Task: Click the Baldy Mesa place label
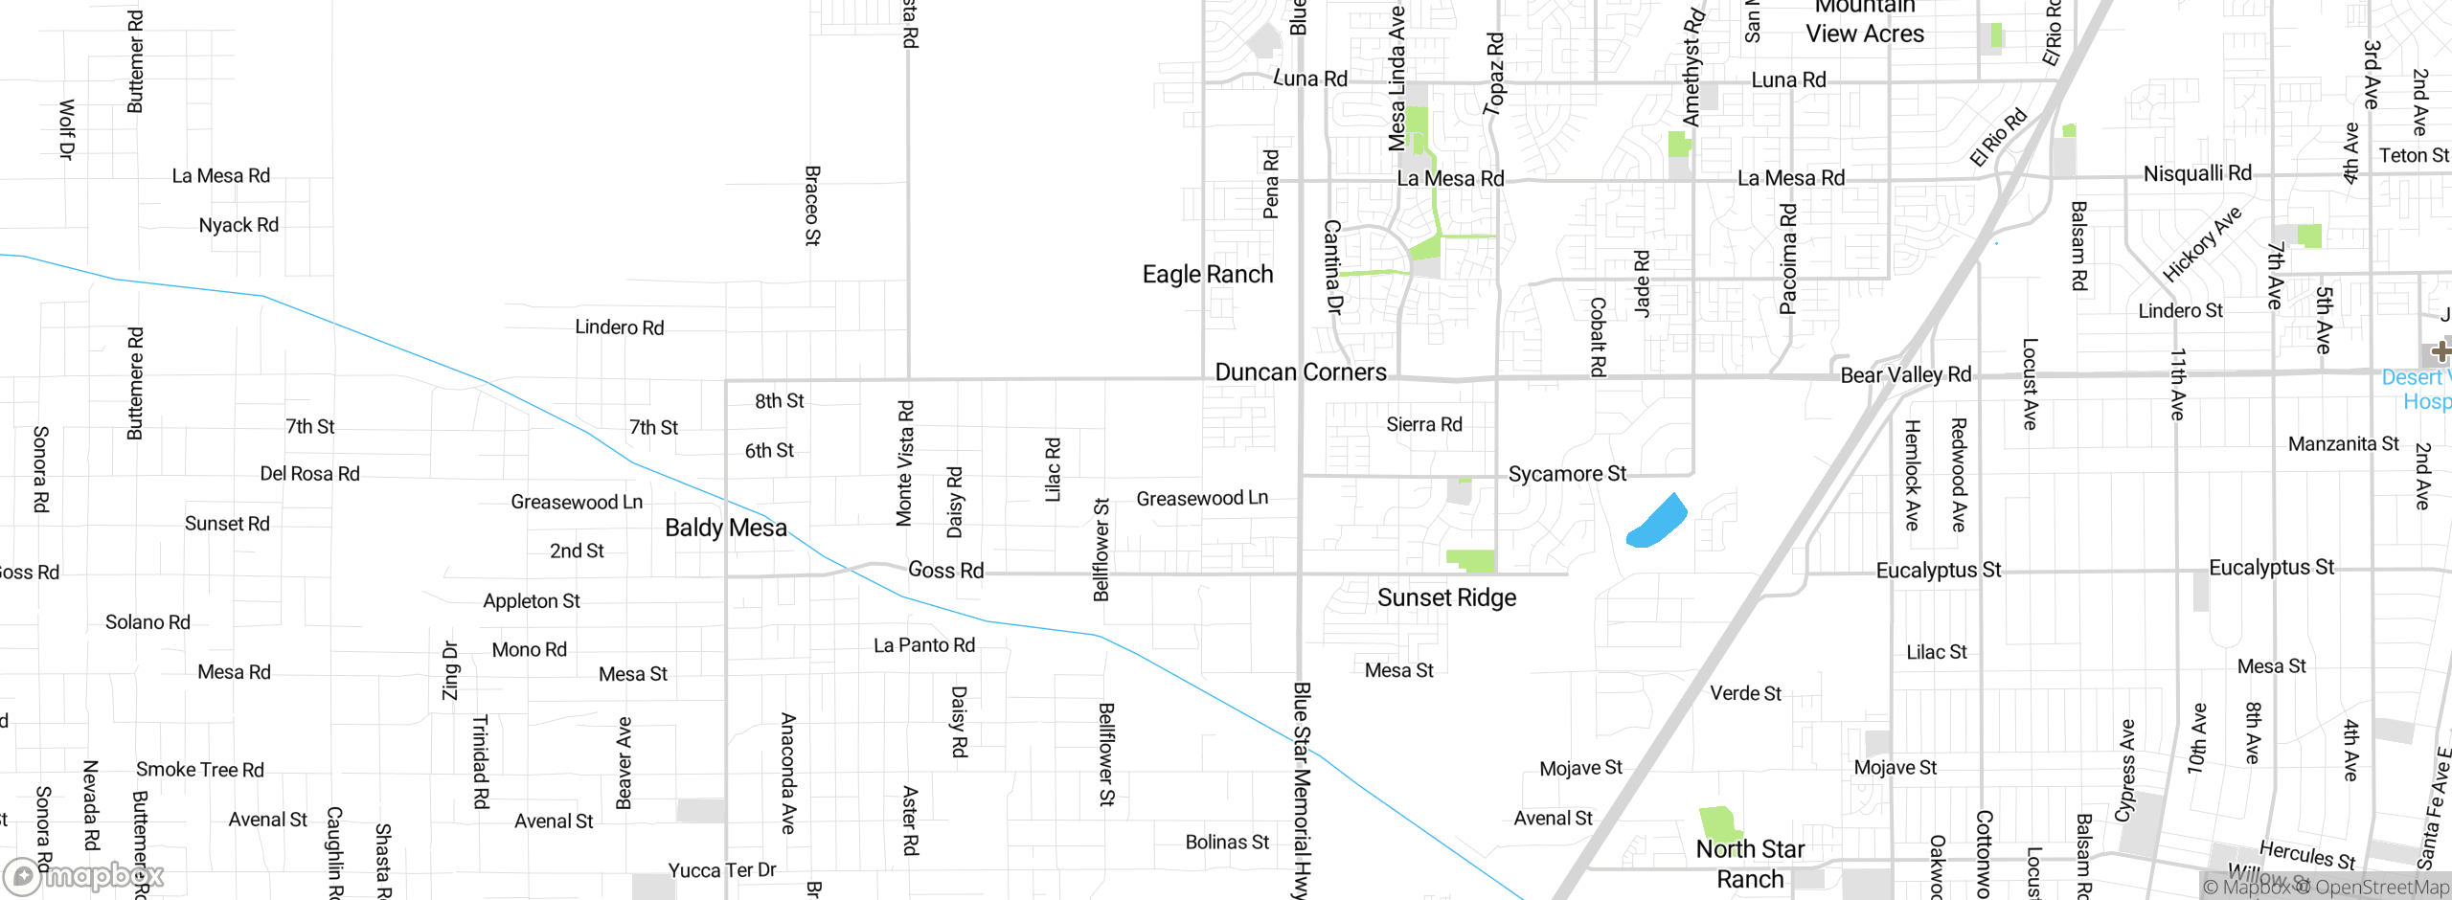point(725,528)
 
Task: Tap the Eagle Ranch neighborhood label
point(1207,275)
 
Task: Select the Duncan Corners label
point(1300,372)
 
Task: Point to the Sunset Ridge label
point(1446,598)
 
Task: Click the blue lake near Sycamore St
point(1657,523)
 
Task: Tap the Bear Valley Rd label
point(1905,375)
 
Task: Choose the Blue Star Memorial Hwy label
point(1301,790)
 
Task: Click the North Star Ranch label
point(1750,864)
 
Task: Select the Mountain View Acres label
point(1864,21)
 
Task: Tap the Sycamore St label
point(1567,474)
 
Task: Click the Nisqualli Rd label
point(2197,173)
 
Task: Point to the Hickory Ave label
point(2201,244)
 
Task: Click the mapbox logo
point(83,876)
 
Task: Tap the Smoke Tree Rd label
point(199,770)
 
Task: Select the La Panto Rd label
point(923,645)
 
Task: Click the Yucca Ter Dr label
point(721,870)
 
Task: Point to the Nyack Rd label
point(238,225)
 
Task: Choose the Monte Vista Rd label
point(904,463)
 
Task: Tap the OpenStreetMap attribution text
point(2381,888)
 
